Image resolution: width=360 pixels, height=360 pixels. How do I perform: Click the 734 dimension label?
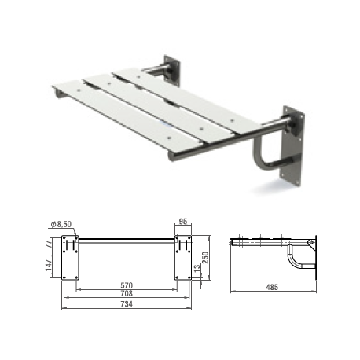127,304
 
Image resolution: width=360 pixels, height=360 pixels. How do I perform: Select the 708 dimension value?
127,293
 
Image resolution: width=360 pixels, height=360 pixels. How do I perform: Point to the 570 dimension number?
127,285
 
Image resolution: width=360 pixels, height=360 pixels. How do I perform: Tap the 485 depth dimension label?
272,287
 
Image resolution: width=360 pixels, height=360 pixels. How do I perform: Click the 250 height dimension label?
205,258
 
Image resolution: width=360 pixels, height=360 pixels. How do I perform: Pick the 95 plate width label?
182,222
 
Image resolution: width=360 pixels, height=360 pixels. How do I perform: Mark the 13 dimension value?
197,268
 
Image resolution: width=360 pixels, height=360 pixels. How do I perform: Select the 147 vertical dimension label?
49,265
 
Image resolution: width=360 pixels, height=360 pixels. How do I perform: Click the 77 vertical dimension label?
49,244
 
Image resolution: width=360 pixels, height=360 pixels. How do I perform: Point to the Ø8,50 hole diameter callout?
61,224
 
